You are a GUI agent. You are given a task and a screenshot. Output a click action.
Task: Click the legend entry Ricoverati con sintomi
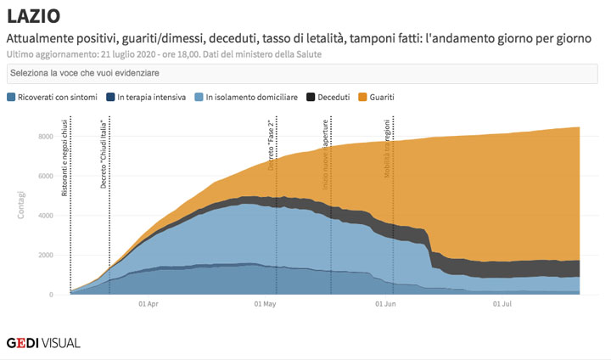pyautogui.click(x=57, y=98)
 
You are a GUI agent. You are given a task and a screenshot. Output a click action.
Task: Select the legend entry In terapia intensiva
pyautogui.click(x=151, y=98)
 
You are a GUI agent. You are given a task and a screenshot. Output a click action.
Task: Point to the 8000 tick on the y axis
pyautogui.click(x=46, y=137)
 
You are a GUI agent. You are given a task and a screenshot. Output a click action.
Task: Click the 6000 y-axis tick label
pyautogui.click(x=46, y=177)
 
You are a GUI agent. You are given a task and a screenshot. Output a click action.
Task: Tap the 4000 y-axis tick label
pyautogui.click(x=46, y=216)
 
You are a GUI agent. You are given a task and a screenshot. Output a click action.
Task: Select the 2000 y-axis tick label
pyautogui.click(x=46, y=256)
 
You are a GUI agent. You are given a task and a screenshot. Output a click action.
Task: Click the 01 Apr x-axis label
pyautogui.click(x=148, y=303)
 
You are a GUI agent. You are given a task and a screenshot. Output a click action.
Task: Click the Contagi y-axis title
pyautogui.click(x=21, y=205)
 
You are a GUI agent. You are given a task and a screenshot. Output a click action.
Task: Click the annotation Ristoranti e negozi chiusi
pyautogui.click(x=65, y=158)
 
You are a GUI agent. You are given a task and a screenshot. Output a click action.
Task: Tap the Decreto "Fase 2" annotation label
pyautogui.click(x=272, y=145)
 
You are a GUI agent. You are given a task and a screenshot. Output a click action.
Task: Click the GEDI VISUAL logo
pyautogui.click(x=43, y=343)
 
